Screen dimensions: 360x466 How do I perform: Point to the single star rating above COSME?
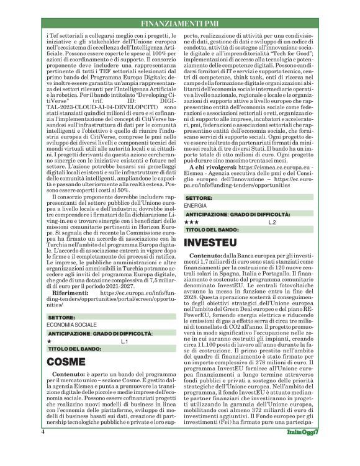[49, 341]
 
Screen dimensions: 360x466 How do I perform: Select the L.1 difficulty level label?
[124, 341]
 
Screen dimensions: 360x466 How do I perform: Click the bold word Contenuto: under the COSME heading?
[63, 375]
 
